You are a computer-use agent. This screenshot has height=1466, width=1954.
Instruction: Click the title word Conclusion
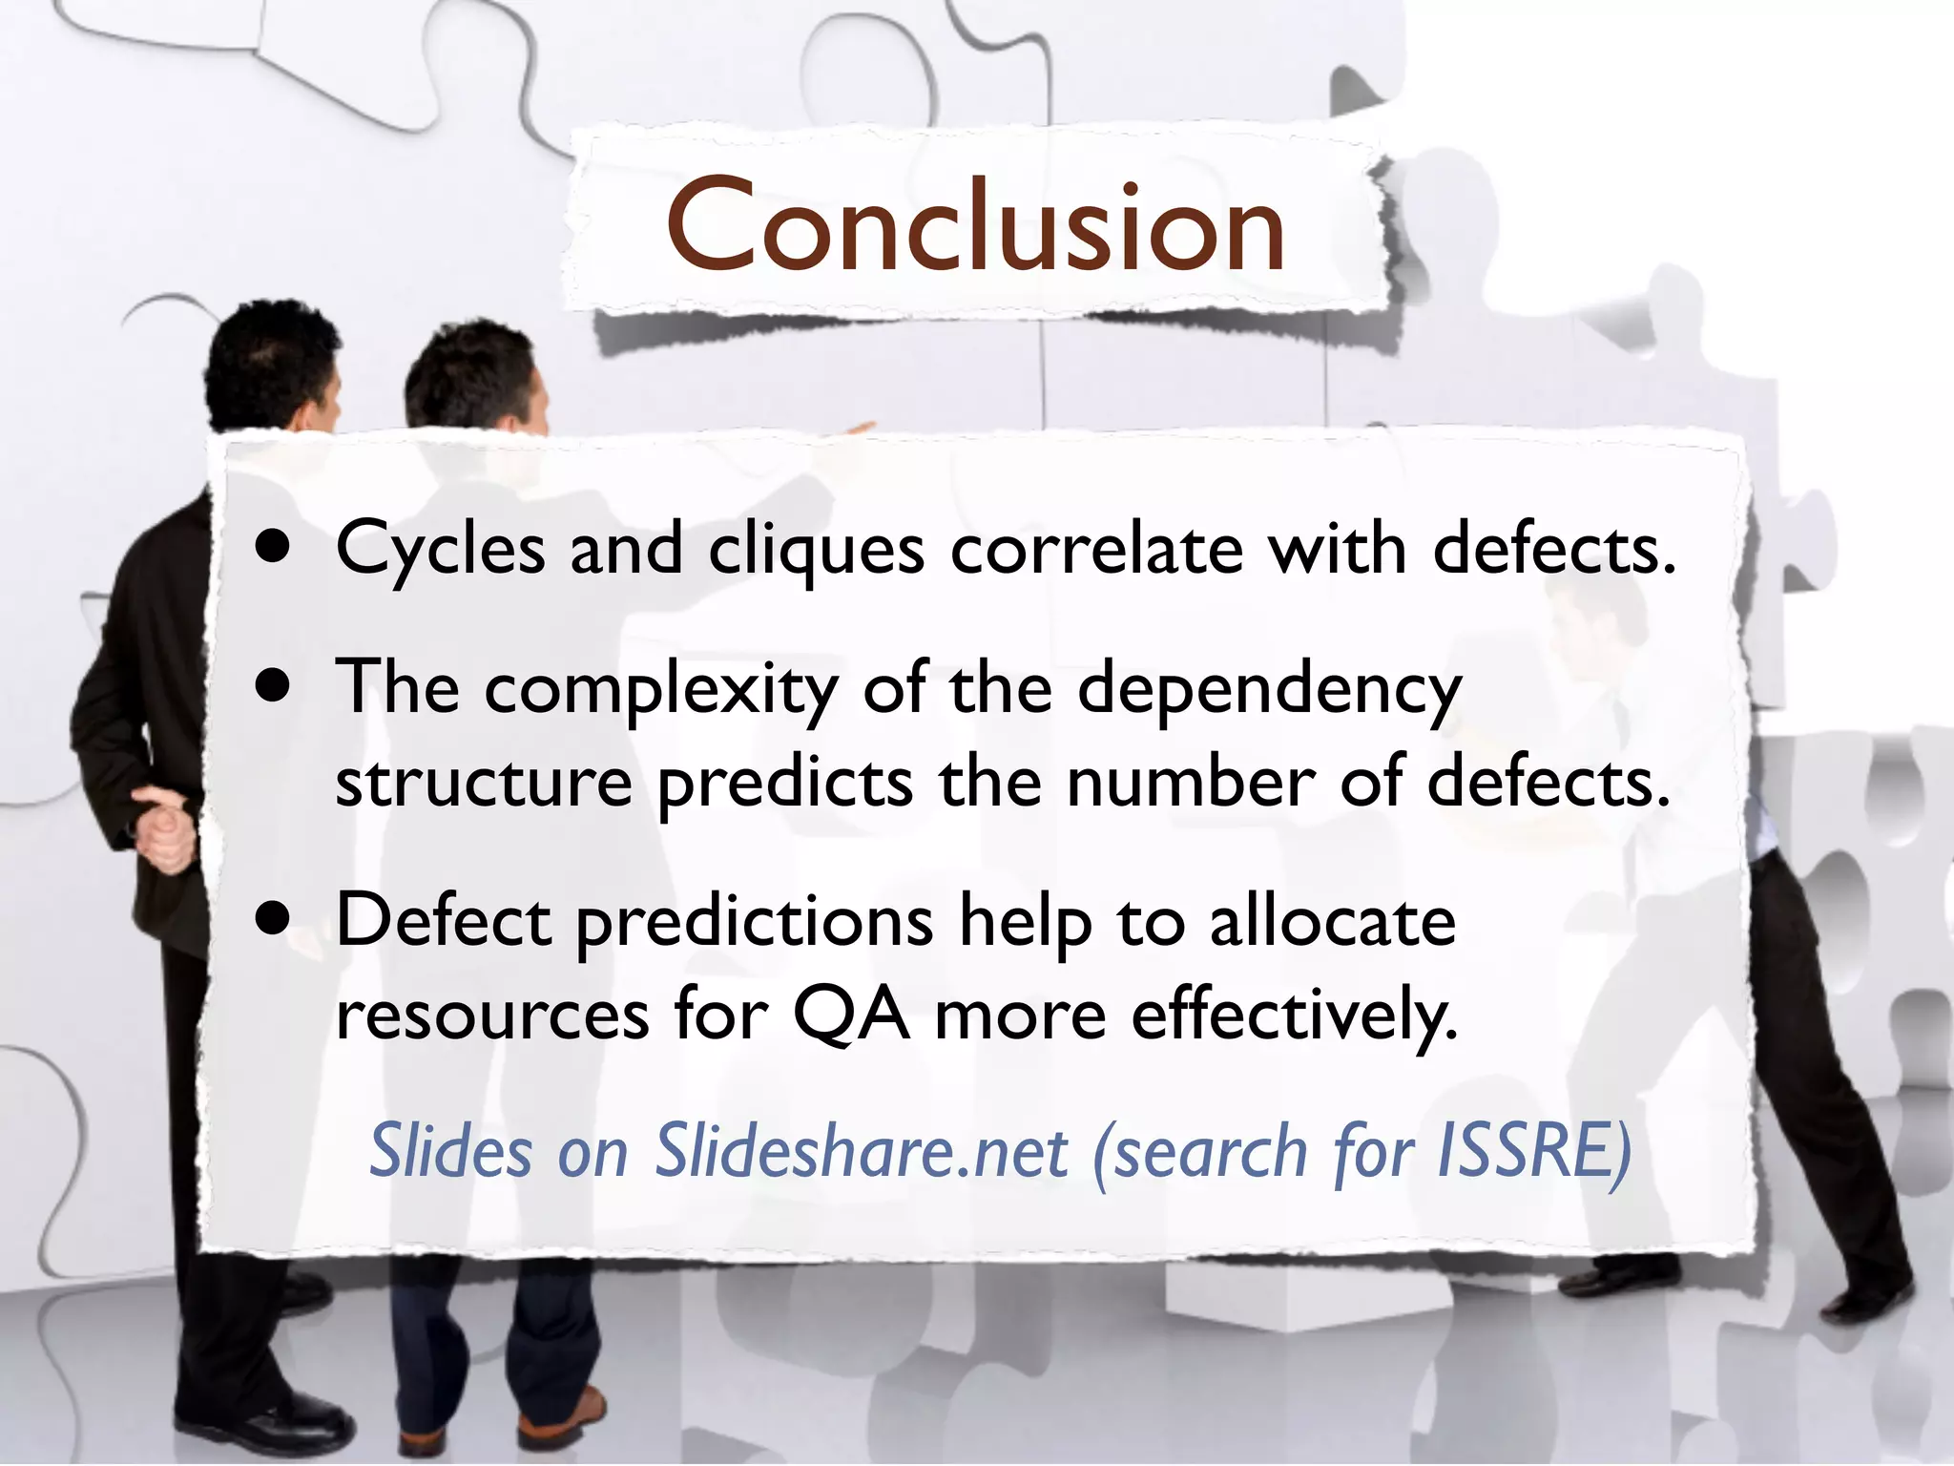point(975,227)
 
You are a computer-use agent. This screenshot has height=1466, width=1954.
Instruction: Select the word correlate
point(1097,550)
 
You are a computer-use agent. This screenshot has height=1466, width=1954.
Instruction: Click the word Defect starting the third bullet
point(444,920)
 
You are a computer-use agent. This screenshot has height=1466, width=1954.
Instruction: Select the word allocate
point(1332,920)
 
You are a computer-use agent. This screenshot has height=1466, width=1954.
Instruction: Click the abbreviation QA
point(851,1016)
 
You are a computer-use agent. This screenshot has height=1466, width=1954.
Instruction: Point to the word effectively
point(1294,1016)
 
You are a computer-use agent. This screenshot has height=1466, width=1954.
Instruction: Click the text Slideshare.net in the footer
point(861,1151)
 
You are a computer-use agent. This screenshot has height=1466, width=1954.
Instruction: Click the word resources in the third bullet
point(492,1016)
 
